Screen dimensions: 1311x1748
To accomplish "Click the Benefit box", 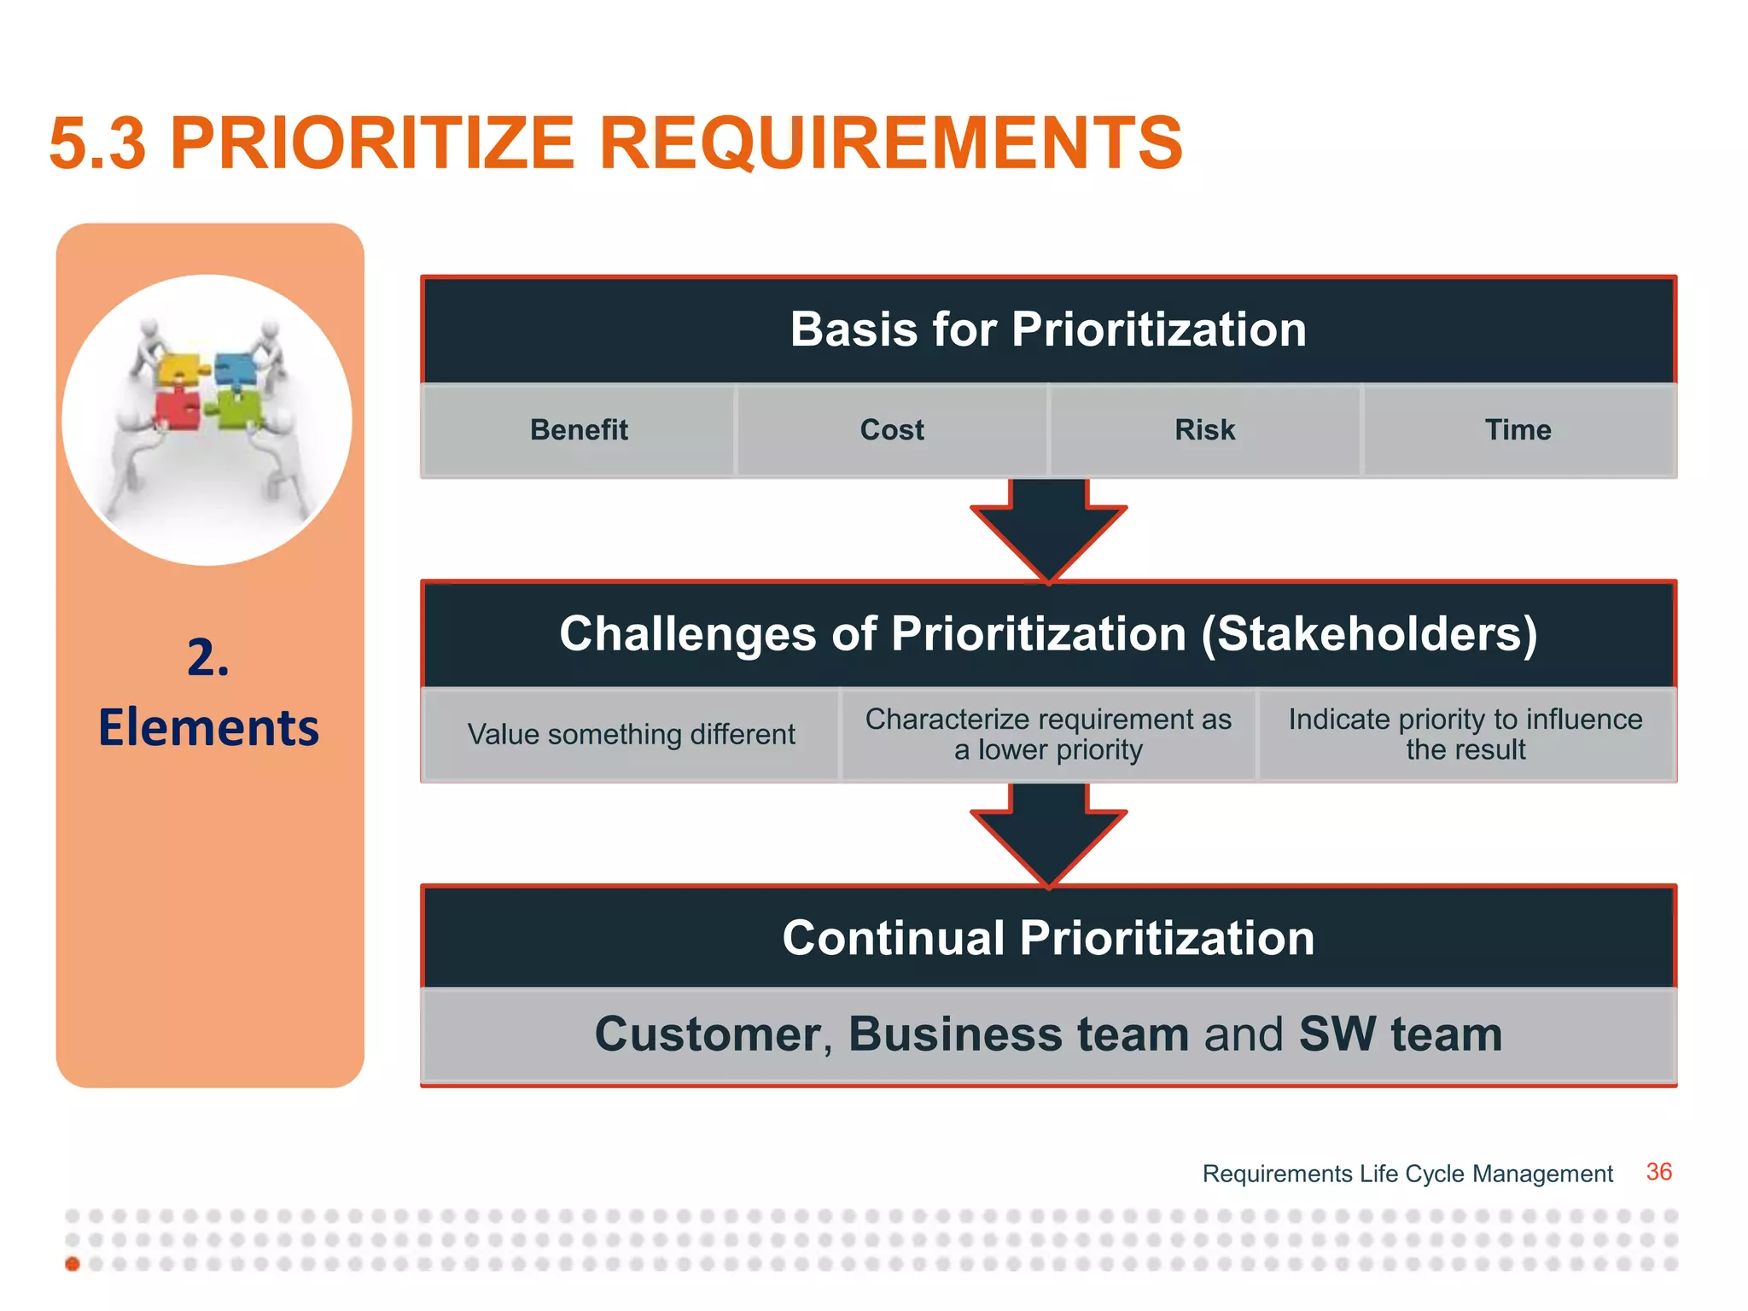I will [579, 430].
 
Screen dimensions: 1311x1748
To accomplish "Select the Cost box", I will [892, 430].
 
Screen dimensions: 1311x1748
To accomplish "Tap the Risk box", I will [1204, 430].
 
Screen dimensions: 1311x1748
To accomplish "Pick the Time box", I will [1518, 430].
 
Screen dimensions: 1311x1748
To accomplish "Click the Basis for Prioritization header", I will [1048, 330].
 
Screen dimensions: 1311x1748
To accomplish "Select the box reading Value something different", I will [631, 735].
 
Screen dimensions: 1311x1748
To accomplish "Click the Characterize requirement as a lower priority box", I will [1048, 735].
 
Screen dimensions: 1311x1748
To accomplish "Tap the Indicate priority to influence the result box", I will [1465, 735].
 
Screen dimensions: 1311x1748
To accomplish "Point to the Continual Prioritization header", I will [1048, 938].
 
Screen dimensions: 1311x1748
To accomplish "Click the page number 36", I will [1658, 1172].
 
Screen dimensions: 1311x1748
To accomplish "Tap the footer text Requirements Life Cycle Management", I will [1407, 1174].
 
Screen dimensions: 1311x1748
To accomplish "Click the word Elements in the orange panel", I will [209, 728].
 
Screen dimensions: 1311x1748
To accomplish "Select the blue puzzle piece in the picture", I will [236, 370].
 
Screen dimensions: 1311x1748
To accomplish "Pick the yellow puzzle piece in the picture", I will [180, 370].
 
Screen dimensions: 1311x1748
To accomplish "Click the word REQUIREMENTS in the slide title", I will [890, 143].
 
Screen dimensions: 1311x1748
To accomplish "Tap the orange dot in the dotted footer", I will [73, 1264].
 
